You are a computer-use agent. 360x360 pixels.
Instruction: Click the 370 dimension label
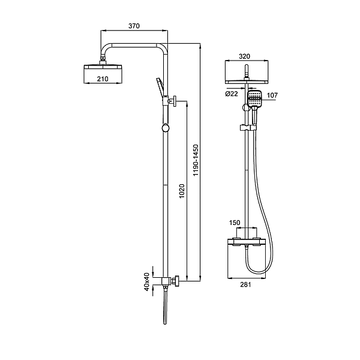tap(134, 26)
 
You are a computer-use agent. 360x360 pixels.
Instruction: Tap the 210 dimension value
tap(103, 79)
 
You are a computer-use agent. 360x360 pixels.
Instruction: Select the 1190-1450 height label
tap(196, 160)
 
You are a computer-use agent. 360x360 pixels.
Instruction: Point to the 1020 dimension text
tap(182, 191)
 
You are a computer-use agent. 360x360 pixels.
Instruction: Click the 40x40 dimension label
tap(147, 282)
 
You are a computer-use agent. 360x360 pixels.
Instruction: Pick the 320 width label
tap(244, 56)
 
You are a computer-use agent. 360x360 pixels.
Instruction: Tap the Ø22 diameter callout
tap(232, 94)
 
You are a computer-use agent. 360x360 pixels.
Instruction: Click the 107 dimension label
tap(272, 95)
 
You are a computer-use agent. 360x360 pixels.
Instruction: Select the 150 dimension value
tap(235, 223)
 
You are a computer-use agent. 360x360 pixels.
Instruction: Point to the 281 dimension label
tap(245, 284)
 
